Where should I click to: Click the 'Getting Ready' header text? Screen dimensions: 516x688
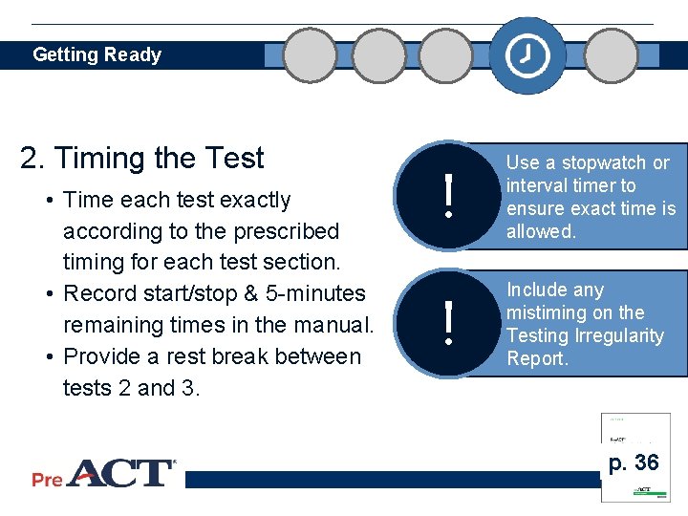[97, 54]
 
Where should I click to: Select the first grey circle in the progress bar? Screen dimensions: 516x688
[311, 55]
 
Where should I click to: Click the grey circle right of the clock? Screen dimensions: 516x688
[612, 55]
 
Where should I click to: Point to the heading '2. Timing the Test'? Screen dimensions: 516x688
[142, 158]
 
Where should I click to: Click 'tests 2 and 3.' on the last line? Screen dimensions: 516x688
[132, 388]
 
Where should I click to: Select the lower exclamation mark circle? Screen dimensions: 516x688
[447, 323]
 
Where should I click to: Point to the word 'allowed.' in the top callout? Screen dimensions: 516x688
[541, 231]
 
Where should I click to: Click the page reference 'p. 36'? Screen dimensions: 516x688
[634, 463]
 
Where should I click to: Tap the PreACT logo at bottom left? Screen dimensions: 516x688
[103, 474]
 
